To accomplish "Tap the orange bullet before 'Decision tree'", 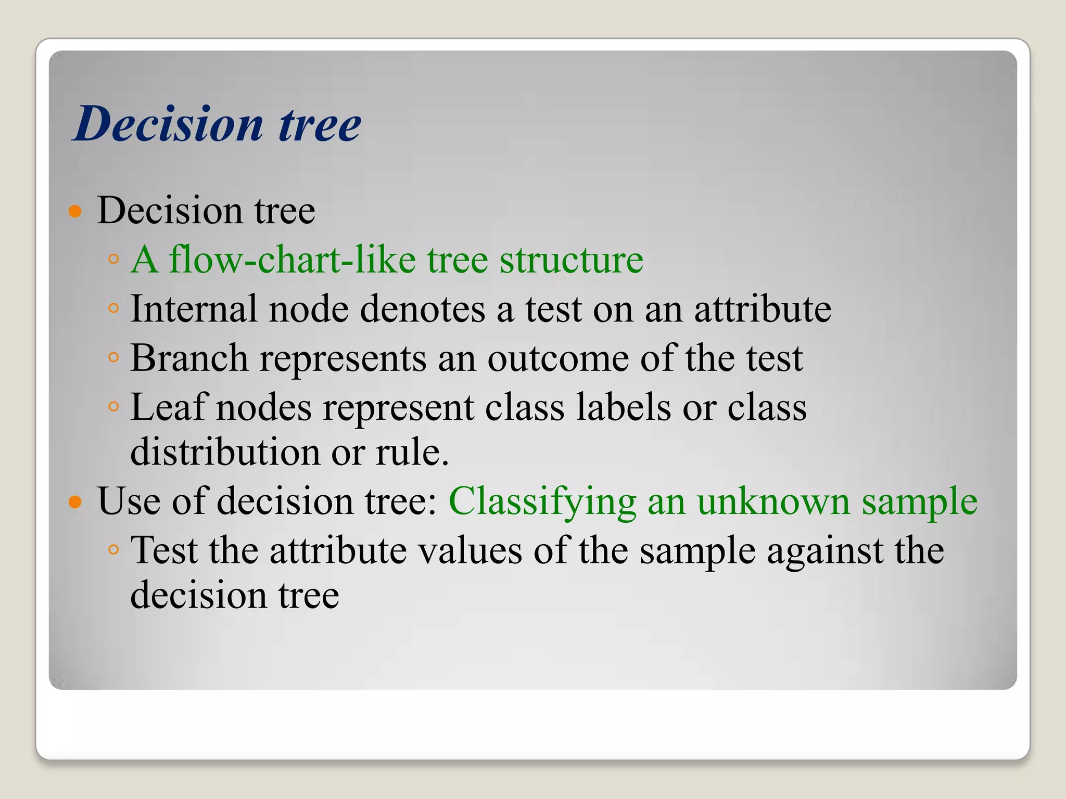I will [76, 211].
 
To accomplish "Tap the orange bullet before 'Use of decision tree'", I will [76, 502].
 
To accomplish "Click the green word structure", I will [571, 260].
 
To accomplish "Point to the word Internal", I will [194, 309].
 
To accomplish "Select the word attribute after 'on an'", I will [763, 309].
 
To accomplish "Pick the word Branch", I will [189, 358].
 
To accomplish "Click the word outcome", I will [557, 358].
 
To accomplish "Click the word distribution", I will [225, 452].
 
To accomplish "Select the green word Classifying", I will [542, 502].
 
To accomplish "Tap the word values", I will [471, 550].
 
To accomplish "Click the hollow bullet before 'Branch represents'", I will [113, 357].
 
